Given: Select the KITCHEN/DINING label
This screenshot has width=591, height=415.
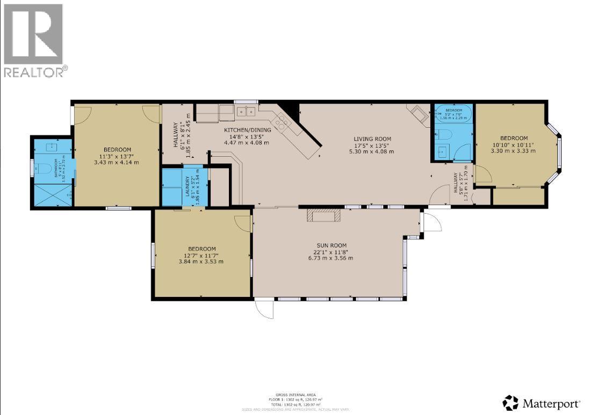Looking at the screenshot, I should click(246, 129).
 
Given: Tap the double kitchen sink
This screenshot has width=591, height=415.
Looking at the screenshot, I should click(246, 112).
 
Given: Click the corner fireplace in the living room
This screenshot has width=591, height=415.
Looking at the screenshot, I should click(418, 113).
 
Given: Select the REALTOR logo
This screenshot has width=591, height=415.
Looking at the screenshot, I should click(35, 41).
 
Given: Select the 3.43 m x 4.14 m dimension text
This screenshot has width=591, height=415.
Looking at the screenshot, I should click(117, 162).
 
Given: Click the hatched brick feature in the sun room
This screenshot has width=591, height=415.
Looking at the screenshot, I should click(323, 216).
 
